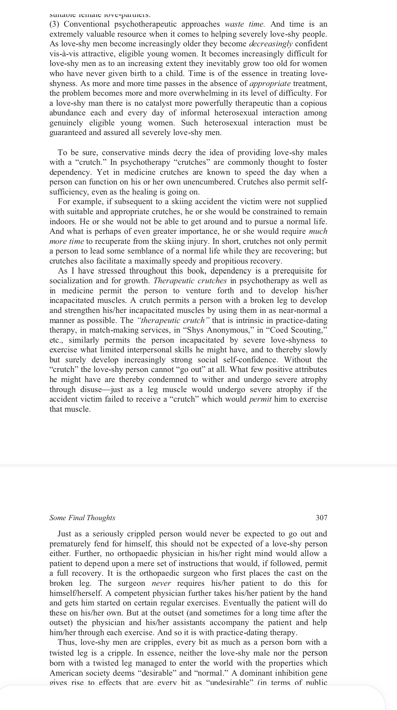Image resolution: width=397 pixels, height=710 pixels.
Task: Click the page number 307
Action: (321, 518)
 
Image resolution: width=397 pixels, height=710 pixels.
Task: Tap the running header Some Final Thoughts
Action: (82, 518)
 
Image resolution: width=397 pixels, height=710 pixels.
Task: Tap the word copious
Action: (314, 103)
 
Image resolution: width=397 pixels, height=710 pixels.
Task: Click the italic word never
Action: (161, 583)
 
